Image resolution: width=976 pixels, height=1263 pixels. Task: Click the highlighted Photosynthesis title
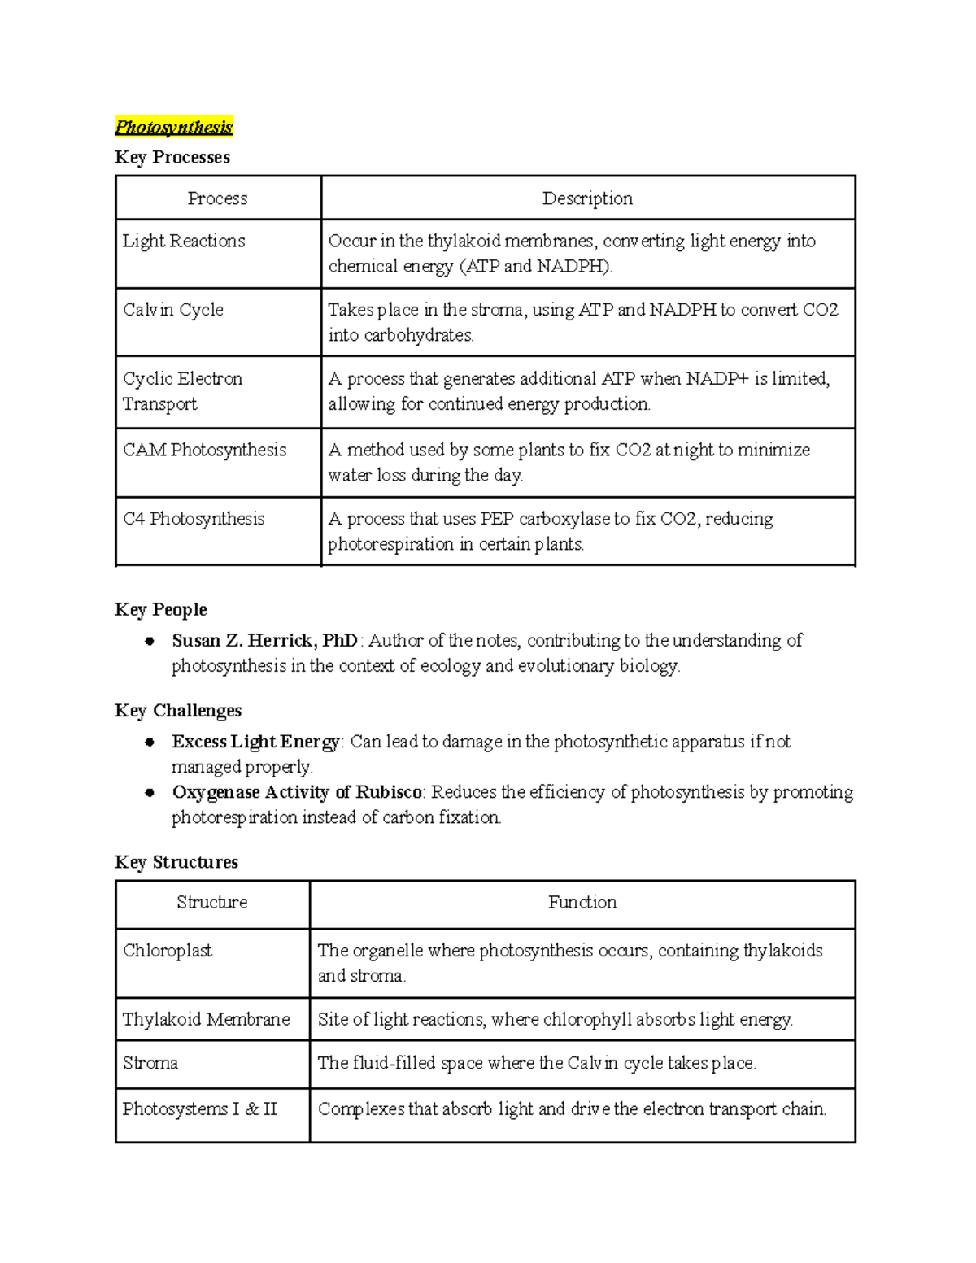pos(173,127)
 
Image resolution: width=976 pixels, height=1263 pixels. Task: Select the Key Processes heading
pos(172,157)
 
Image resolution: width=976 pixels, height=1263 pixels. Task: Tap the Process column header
pos(217,198)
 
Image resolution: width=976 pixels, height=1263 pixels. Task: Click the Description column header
pos(587,198)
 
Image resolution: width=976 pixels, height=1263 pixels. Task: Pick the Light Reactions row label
pos(184,241)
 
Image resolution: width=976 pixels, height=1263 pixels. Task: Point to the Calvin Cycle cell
pos(173,310)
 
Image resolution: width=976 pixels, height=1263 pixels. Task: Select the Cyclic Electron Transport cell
pos(182,391)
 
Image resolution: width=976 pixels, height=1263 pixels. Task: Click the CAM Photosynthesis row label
pos(204,450)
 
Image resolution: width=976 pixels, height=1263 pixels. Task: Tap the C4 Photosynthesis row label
pos(194,519)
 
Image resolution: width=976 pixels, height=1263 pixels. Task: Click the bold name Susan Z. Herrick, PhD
pos(264,641)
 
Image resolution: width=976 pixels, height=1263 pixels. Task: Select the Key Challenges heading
pos(178,711)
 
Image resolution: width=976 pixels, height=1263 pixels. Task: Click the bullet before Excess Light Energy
pos(150,742)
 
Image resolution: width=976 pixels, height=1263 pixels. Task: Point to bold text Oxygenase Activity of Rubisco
pos(297,792)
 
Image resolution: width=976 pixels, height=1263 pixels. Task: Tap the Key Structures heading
pos(176,862)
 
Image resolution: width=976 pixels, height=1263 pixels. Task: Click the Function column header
pos(582,902)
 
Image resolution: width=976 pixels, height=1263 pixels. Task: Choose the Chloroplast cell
pos(168,951)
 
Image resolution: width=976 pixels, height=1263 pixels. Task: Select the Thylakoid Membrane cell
pos(206,1019)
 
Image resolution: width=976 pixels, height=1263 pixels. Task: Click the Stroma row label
pos(150,1063)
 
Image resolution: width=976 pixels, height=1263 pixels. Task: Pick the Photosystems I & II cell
pos(200,1108)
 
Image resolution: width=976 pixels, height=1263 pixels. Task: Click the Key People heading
pos(161,610)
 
